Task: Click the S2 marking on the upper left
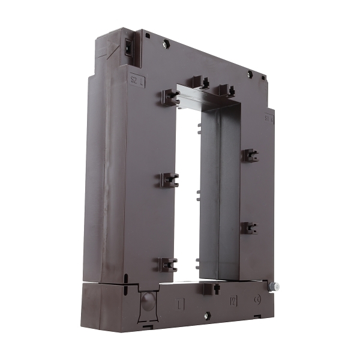pos(137,79)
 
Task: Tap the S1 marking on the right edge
pos(269,118)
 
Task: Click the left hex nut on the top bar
pos(166,43)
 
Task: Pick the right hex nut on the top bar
pos(250,74)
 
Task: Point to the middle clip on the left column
pos(169,179)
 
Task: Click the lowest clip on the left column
pos(168,264)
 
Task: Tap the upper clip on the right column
pos(250,155)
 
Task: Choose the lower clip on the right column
pos(249,228)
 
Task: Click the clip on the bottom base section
pos(208,289)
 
